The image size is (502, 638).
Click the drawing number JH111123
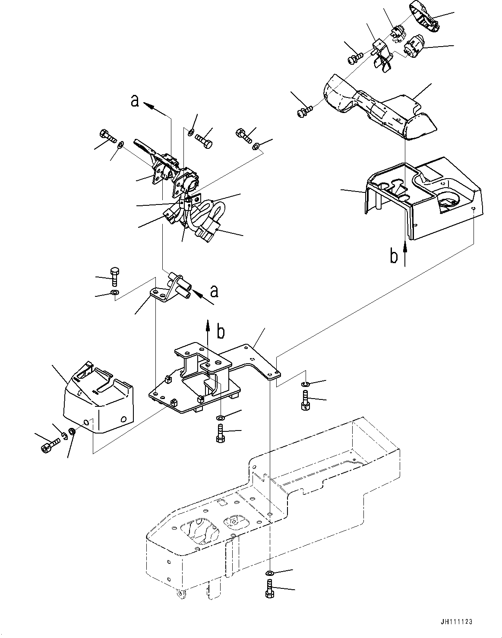tap(457, 622)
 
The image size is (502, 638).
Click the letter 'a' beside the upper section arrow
tap(135, 101)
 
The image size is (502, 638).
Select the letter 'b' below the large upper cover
tap(393, 256)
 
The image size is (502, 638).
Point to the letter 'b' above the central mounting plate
tap(220, 332)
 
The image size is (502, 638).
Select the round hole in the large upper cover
tap(448, 201)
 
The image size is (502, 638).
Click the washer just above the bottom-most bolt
tap(269, 573)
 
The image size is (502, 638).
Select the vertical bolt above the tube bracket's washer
tap(114, 277)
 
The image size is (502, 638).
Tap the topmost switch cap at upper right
tap(424, 16)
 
